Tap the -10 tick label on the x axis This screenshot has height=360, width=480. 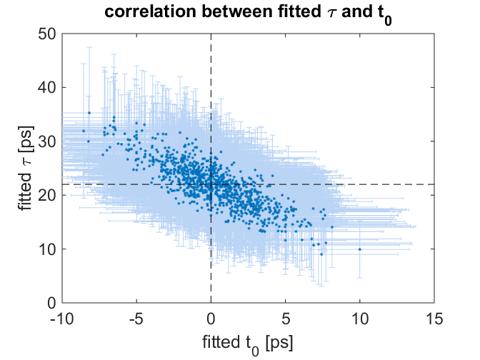pyautogui.click(x=61, y=317)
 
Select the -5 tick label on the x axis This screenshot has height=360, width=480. pyautogui.click(x=136, y=317)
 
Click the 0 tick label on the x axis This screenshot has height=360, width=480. pyautogui.click(x=211, y=317)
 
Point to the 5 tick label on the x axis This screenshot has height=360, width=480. pyautogui.click(x=285, y=317)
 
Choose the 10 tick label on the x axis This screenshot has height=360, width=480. pyautogui.click(x=359, y=317)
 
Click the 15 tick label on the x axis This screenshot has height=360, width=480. pyautogui.click(x=434, y=317)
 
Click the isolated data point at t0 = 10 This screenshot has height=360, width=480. pyautogui.click(x=359, y=249)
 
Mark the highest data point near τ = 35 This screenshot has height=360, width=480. pyautogui.click(x=89, y=113)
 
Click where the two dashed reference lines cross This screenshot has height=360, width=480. pyautogui.click(x=211, y=184)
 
